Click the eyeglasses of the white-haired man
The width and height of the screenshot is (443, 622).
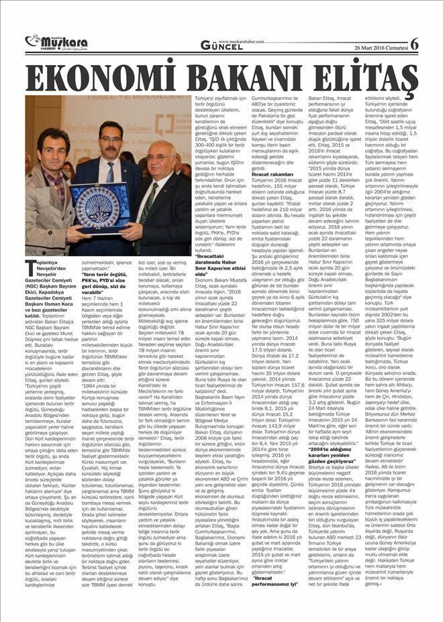click(x=160, y=158)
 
